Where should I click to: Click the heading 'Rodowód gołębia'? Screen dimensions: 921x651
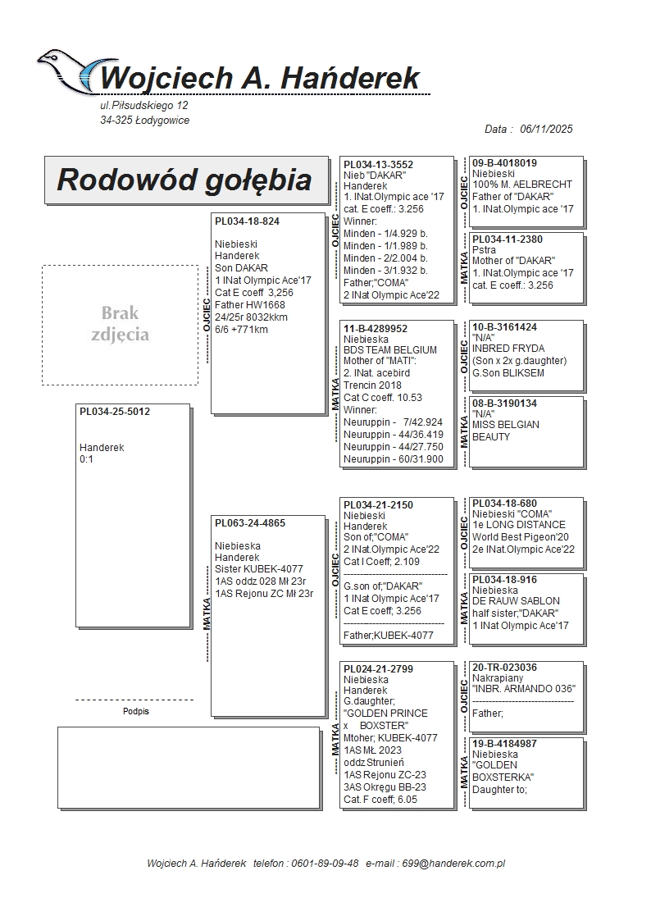pos(184,180)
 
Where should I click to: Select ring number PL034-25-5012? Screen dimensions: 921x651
pos(115,412)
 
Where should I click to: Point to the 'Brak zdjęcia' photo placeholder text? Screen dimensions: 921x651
pos(120,324)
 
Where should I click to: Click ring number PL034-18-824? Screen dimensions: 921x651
pos(247,221)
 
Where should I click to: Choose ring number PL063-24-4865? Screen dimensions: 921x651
pos(250,522)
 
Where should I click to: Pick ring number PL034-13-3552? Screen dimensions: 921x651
pos(378,164)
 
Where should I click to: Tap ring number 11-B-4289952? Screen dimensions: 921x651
pos(376,328)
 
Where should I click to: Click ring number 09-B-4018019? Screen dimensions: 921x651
pos(504,163)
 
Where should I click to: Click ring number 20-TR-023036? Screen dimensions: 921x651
pos(504,668)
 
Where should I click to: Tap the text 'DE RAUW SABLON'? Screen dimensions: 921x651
pos(516,601)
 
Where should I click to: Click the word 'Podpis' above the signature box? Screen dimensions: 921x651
pos(135,711)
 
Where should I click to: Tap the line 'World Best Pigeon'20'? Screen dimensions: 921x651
pos(521,537)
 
